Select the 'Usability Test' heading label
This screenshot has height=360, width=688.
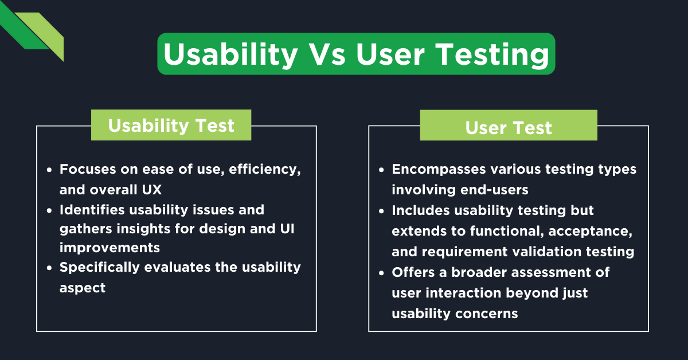(x=171, y=125)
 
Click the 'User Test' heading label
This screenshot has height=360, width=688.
(x=508, y=127)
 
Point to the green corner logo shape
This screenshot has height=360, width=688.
(x=34, y=32)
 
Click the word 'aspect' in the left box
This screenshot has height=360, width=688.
(x=83, y=287)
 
